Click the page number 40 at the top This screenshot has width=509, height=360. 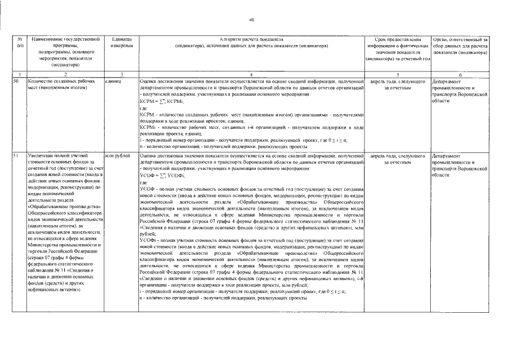(x=252, y=20)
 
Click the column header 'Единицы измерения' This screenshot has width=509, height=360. (x=121, y=42)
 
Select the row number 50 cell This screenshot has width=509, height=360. (x=16, y=82)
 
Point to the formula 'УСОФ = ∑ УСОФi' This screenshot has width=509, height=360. (x=163, y=175)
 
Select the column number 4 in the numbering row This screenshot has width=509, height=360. (x=251, y=74)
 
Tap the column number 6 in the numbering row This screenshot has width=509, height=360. (x=461, y=74)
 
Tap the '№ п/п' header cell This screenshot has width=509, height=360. (x=20, y=42)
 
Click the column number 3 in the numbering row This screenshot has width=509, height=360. (x=121, y=74)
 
